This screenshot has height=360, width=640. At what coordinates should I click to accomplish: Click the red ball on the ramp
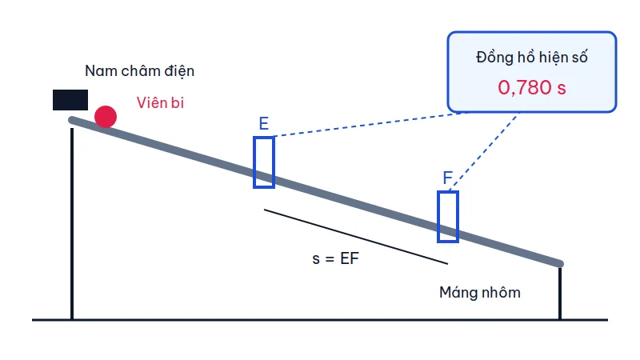point(106,117)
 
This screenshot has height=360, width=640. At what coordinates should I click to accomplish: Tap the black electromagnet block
point(70,100)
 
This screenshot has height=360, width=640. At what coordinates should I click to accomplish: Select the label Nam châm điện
point(139,71)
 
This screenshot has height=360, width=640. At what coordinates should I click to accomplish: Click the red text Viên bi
point(160,102)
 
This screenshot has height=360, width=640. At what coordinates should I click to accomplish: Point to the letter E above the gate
point(264,123)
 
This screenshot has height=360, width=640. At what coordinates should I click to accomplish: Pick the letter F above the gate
point(447,178)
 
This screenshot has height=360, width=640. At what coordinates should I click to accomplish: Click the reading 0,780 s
point(532,87)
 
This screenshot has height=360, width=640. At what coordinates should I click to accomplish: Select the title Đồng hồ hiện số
point(532,57)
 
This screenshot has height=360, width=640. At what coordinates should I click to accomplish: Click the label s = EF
point(335,258)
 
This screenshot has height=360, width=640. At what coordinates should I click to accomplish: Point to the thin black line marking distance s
point(356,237)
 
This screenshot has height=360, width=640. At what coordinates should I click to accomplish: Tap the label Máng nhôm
point(479,293)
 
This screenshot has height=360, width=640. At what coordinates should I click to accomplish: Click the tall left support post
point(72,224)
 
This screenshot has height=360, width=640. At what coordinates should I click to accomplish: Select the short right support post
point(560,293)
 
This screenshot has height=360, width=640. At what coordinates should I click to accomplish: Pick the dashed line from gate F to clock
point(483,151)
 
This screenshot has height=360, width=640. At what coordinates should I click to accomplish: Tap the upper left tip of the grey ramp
point(71,119)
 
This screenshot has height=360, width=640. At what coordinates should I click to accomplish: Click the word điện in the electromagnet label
point(179,71)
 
